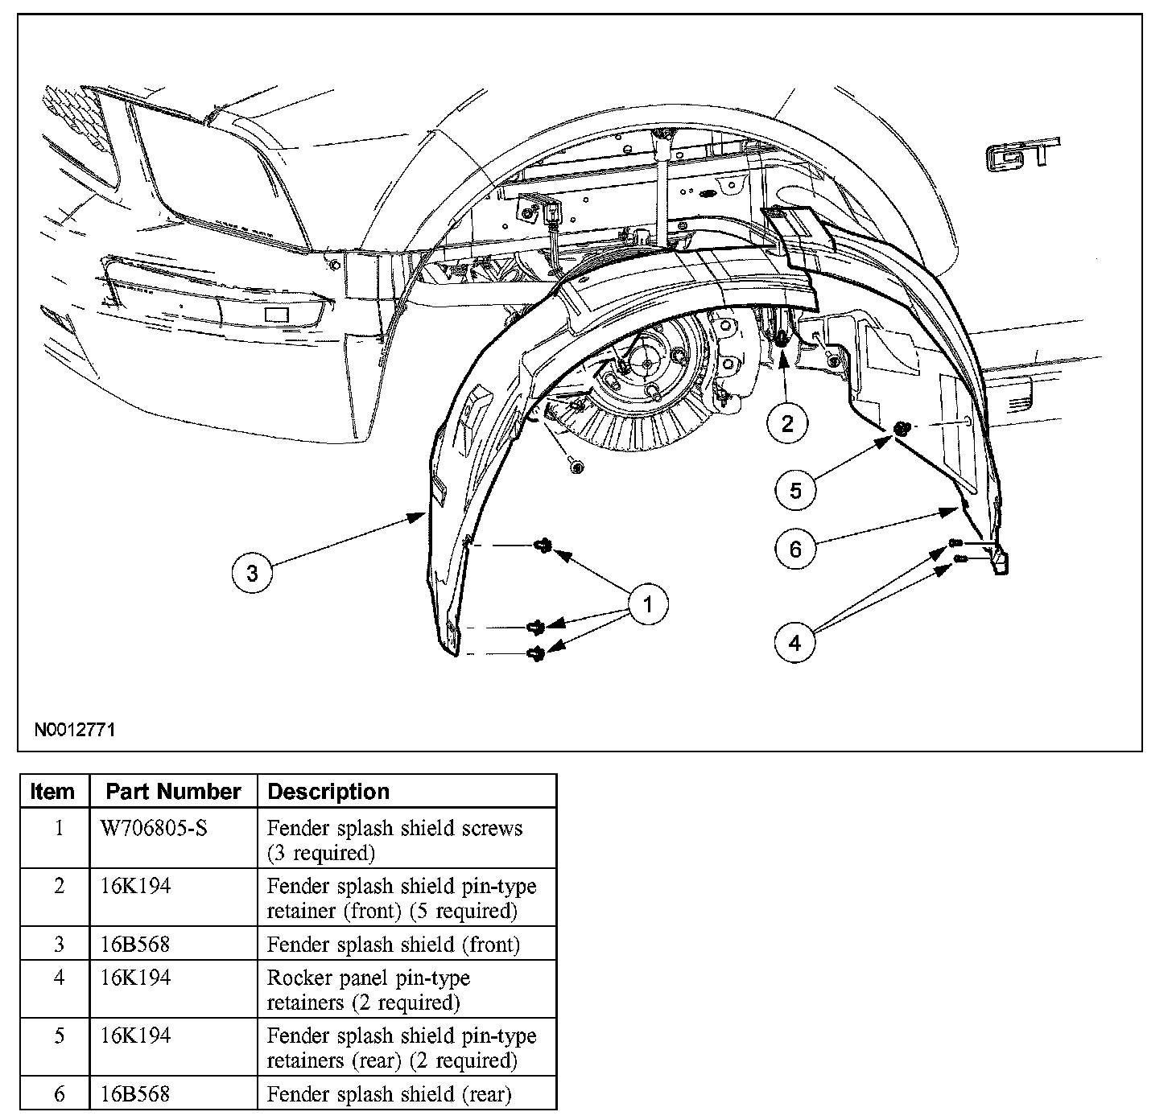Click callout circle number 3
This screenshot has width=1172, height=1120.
click(x=252, y=573)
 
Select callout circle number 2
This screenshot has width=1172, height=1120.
click(x=786, y=422)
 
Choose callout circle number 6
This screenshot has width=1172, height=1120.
click(x=795, y=549)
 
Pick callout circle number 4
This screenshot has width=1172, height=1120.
click(x=795, y=642)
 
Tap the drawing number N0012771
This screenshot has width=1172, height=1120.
click(x=75, y=731)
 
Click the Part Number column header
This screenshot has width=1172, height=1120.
click(x=173, y=792)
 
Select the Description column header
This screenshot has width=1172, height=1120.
click(x=328, y=792)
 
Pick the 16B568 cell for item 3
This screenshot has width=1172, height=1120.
click(x=135, y=944)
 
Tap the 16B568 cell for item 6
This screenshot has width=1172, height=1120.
click(x=135, y=1094)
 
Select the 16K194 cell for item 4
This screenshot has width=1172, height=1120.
click(x=135, y=978)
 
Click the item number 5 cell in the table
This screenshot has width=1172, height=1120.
click(x=59, y=1036)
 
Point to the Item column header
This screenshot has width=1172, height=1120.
click(x=52, y=792)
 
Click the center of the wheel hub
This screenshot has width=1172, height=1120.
click(x=647, y=364)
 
